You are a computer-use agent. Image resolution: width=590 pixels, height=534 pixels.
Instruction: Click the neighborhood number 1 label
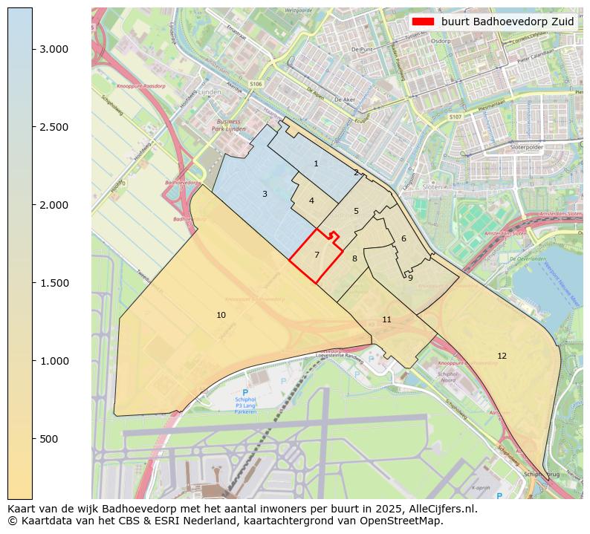[316, 163]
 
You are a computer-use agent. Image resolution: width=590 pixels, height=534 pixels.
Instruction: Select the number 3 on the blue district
[265, 194]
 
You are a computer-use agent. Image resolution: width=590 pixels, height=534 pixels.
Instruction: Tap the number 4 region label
[311, 201]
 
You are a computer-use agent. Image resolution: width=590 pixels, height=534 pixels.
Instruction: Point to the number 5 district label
[356, 211]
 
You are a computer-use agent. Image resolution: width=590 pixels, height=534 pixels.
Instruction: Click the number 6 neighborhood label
[403, 238]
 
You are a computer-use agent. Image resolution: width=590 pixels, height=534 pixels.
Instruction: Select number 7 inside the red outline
[317, 255]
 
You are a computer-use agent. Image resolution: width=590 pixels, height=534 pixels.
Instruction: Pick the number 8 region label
[354, 258]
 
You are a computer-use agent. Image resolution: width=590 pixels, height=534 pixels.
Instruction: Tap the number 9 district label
[410, 278]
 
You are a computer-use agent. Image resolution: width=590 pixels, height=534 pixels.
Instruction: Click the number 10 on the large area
[221, 315]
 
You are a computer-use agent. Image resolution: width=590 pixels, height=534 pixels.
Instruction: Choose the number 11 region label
[386, 319]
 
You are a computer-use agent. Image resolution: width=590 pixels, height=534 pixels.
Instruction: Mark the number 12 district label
[502, 356]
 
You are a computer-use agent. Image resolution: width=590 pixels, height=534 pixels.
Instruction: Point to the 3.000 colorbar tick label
[54, 49]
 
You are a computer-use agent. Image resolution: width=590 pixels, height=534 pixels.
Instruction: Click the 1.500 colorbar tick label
[54, 283]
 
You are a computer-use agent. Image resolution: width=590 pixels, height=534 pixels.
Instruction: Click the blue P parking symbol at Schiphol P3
[244, 392]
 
